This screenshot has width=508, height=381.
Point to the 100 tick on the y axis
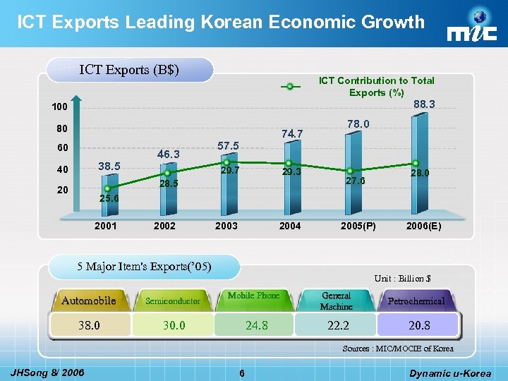pos(60,108)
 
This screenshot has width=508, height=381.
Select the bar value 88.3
pos(424,104)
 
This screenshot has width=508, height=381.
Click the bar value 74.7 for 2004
pos(291,133)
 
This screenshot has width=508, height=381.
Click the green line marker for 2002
pos(167,173)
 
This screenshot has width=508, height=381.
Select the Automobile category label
pos(89,301)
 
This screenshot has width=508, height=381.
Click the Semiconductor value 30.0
pos(173,325)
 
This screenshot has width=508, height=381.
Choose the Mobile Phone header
pos(253,296)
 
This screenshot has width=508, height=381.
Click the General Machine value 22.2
pos(337,325)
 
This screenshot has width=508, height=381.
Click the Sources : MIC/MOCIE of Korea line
pos(398,349)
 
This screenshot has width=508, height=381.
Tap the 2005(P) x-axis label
pos(358,226)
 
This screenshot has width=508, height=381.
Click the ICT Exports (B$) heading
pos(129,69)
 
